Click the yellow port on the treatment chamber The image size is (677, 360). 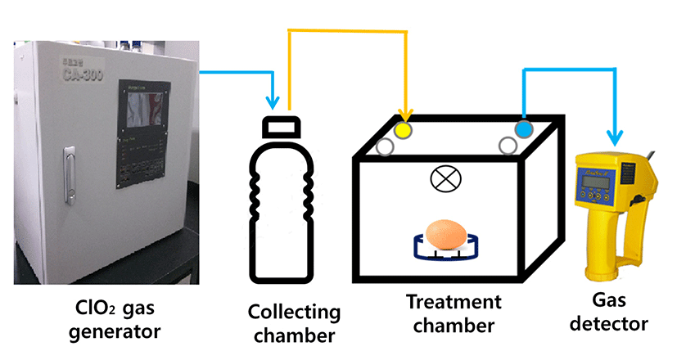pos(404,129)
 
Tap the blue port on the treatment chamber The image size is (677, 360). pos(523,129)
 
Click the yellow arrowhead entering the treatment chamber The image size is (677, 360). pos(404,113)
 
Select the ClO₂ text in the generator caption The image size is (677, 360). pos(92,311)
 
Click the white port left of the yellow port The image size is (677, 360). pos(385,147)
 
